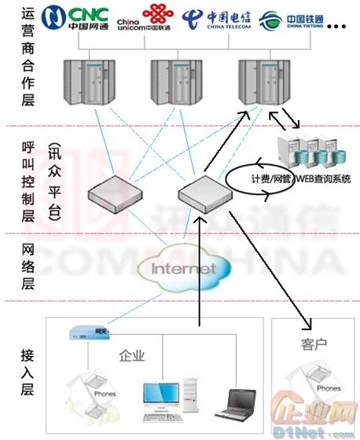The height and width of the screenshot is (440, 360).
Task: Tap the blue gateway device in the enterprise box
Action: point(90,333)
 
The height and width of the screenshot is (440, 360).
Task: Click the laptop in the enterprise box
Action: point(235,404)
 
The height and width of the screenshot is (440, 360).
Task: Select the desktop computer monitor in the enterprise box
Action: point(158,396)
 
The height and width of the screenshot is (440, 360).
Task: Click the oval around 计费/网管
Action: point(260,178)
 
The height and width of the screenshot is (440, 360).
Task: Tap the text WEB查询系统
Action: point(321,179)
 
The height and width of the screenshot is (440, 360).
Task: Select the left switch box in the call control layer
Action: point(115,189)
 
